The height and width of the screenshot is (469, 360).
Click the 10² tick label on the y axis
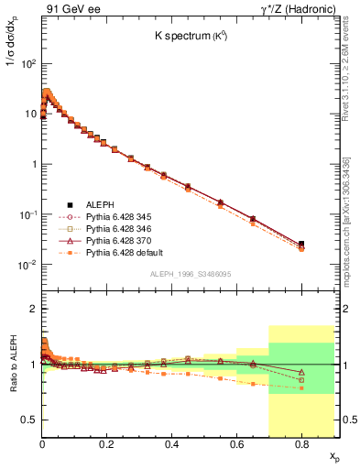28,64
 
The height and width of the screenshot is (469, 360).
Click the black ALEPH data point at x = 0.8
301,244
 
